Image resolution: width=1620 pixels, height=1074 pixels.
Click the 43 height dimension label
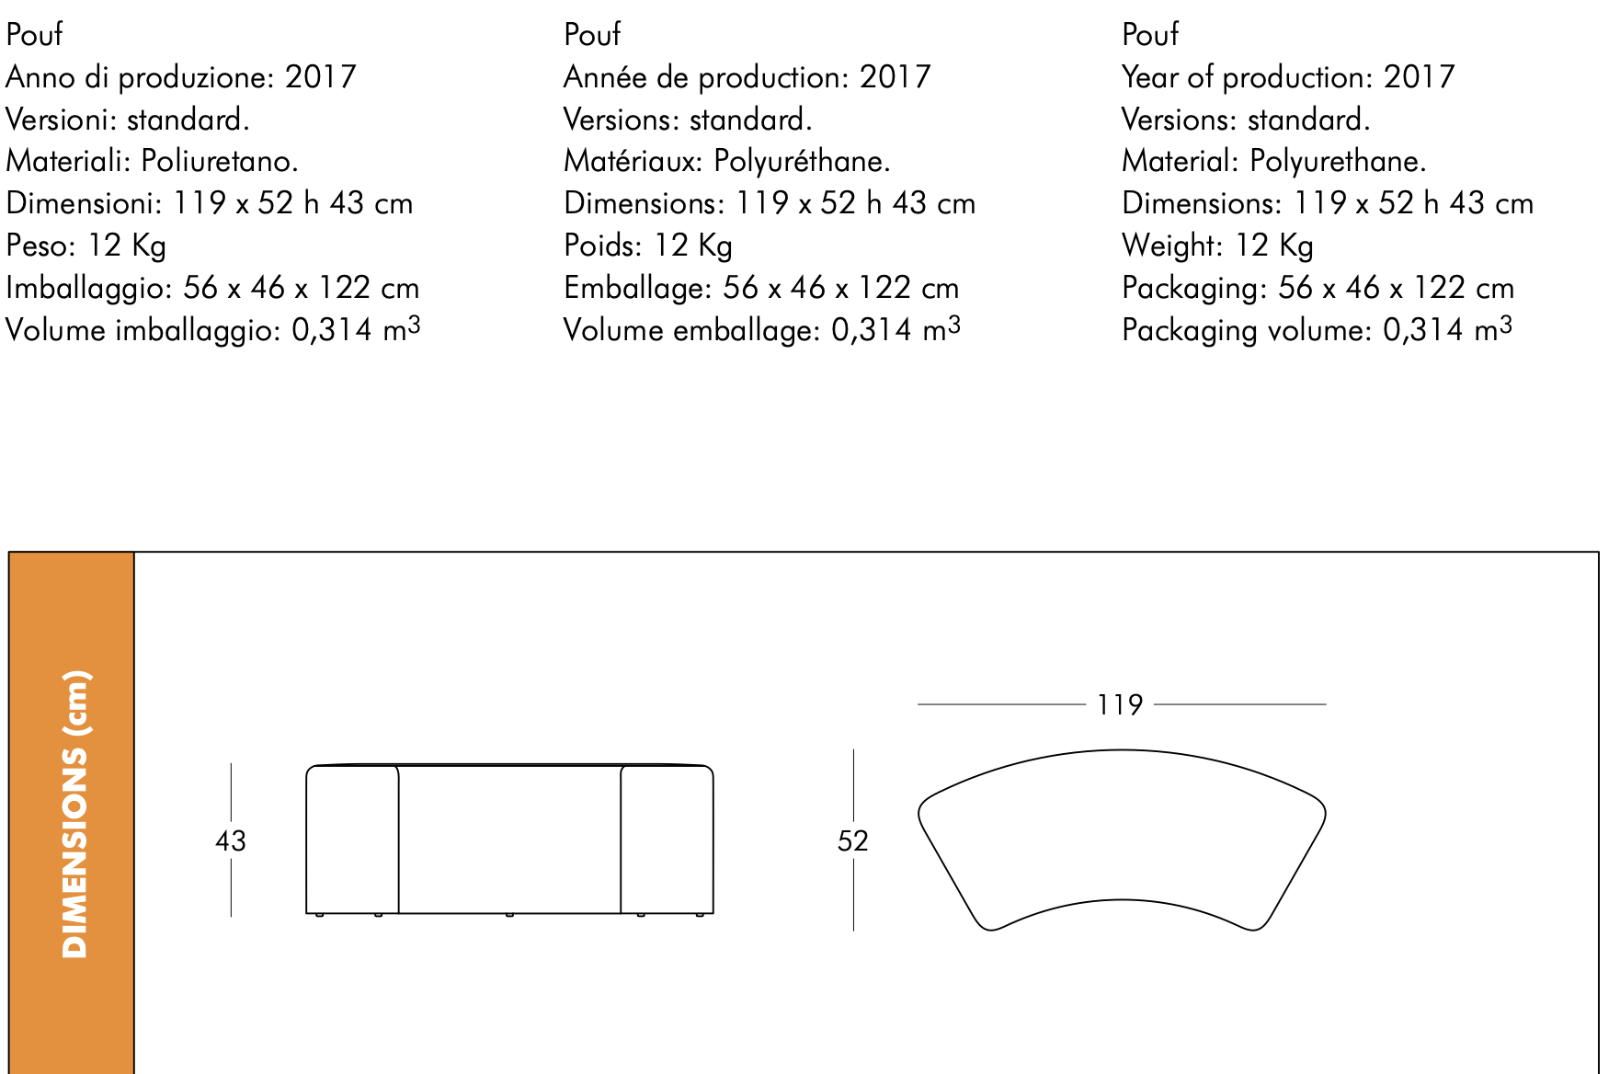(231, 840)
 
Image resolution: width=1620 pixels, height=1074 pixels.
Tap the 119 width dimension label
(1120, 705)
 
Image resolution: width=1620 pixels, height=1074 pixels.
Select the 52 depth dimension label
(853, 840)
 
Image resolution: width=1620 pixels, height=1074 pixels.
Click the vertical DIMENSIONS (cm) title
(74, 815)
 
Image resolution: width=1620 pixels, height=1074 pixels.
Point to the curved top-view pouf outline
(1122, 750)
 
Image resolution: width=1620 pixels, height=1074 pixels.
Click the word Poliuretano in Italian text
(220, 162)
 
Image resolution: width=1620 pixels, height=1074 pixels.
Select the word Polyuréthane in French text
(802, 162)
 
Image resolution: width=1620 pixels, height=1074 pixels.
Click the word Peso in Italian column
(41, 246)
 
